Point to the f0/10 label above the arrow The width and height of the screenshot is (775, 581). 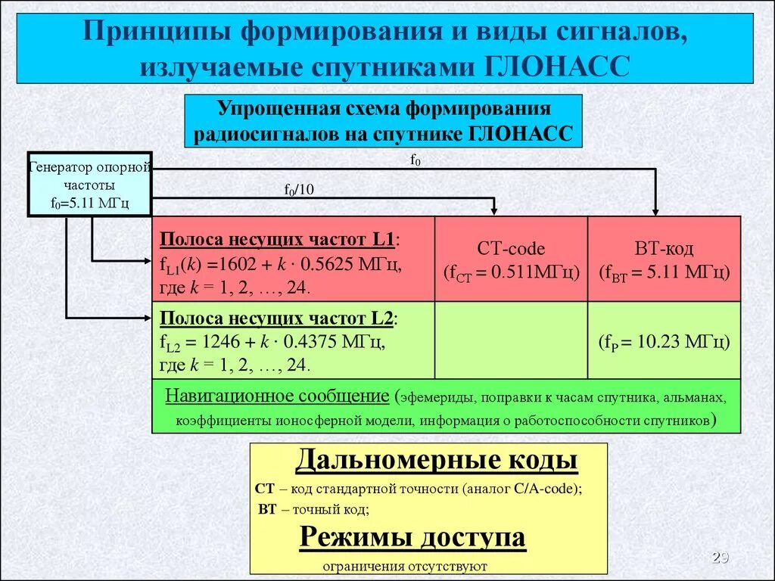click(x=298, y=190)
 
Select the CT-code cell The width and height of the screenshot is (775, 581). click(x=511, y=259)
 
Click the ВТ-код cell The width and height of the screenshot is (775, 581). click(x=664, y=259)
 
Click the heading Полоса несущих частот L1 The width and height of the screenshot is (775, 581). click(x=278, y=240)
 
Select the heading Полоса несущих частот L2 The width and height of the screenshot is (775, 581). click(x=278, y=318)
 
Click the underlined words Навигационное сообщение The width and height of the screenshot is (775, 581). click(x=277, y=396)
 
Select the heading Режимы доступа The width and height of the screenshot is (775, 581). click(x=412, y=537)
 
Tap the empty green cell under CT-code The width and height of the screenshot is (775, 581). click(x=511, y=340)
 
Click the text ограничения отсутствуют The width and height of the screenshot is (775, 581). click(x=405, y=566)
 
